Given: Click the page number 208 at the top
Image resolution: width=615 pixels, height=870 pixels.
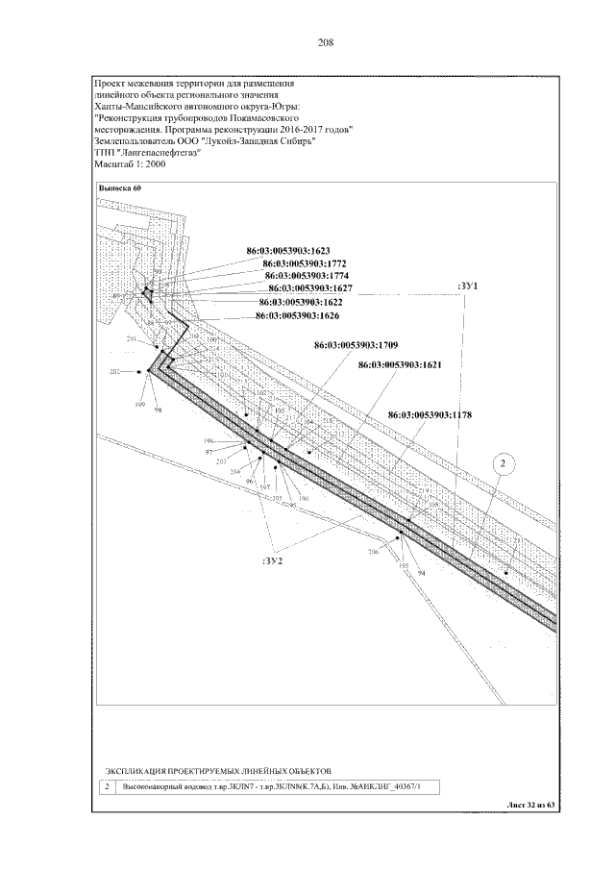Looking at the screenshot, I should (x=326, y=41).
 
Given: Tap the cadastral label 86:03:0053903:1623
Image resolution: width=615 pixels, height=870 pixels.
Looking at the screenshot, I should (x=289, y=250).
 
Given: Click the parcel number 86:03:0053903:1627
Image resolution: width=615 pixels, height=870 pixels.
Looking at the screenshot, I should (x=310, y=287).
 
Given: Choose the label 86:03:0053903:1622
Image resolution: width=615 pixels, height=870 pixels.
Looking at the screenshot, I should (x=301, y=301).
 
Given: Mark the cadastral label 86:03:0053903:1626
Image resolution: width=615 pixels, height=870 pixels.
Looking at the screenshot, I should (x=297, y=314).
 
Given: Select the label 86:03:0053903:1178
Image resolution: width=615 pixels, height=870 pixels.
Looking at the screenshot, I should (x=430, y=414).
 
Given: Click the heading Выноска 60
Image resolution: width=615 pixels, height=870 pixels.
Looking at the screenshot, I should (x=120, y=189).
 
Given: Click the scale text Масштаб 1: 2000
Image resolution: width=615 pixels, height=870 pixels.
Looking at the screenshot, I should (x=132, y=165).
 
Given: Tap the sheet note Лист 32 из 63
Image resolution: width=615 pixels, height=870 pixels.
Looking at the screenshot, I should (x=529, y=805).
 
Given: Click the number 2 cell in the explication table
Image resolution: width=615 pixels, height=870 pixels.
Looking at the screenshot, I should (x=105, y=787).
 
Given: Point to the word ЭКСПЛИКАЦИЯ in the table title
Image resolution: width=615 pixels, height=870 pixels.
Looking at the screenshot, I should (x=135, y=771).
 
